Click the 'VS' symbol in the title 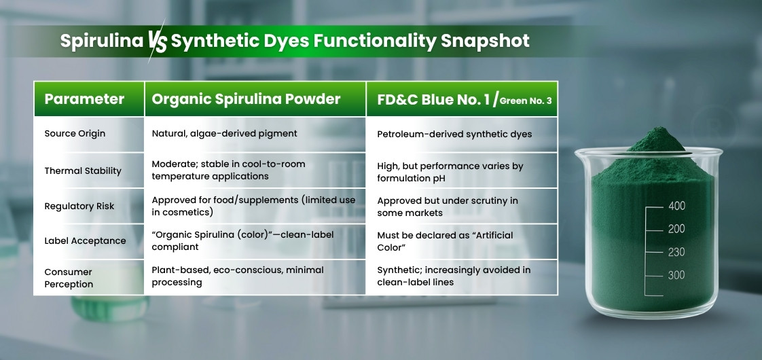(x=156, y=42)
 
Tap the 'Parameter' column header (x=84, y=99)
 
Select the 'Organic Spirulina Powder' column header (x=246, y=99)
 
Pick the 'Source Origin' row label (x=75, y=134)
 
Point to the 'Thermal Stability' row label (x=83, y=170)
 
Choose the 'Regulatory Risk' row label (x=79, y=206)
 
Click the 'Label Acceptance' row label (x=85, y=240)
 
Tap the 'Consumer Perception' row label (x=69, y=278)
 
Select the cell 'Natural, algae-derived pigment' (x=224, y=134)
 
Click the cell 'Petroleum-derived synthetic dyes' (x=454, y=134)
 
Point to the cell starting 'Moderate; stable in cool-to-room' (x=228, y=170)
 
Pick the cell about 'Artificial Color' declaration (x=445, y=240)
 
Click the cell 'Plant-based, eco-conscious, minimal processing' (x=238, y=276)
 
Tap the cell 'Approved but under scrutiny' (x=448, y=206)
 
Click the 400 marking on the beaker (x=676, y=206)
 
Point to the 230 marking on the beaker (x=676, y=251)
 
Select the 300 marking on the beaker (x=676, y=275)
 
